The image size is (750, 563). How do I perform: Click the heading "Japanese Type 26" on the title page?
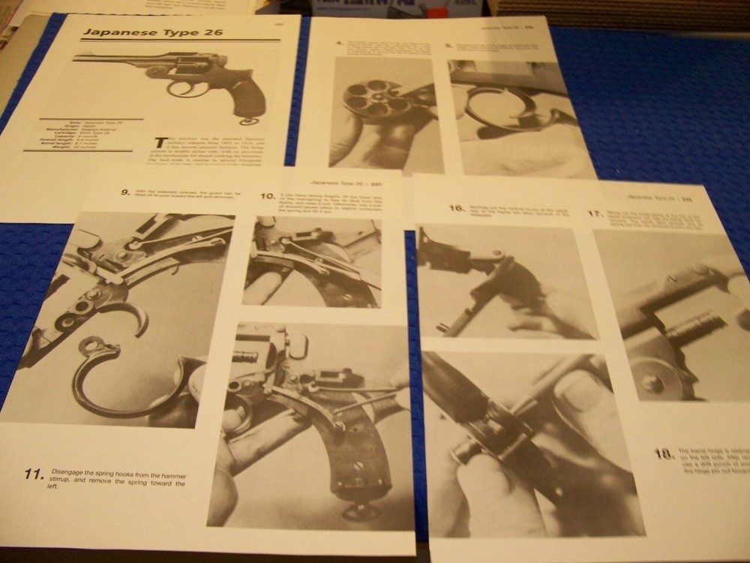[x=152, y=32]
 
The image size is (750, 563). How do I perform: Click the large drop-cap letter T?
[x=160, y=143]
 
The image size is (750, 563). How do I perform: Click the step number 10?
[x=268, y=197]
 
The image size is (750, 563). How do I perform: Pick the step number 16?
[x=456, y=208]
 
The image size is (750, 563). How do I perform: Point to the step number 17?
[x=595, y=214]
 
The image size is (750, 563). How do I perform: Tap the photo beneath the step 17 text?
[x=671, y=315]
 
